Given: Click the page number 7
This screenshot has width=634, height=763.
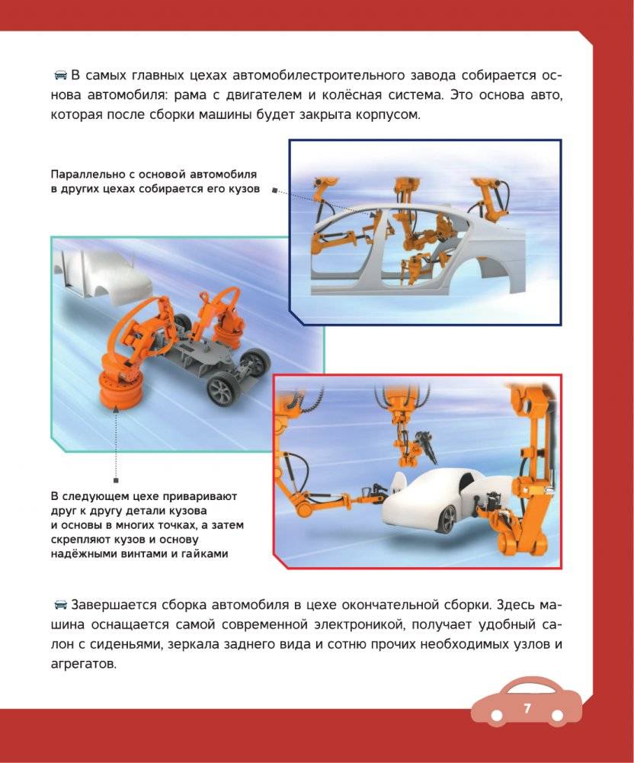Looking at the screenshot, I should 527,708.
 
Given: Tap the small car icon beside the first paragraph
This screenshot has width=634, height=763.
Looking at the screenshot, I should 60,75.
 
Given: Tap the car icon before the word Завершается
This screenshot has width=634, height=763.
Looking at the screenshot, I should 60,605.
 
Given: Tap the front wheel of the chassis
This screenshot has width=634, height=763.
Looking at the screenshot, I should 221,391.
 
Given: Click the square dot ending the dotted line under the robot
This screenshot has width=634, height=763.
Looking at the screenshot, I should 116,481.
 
